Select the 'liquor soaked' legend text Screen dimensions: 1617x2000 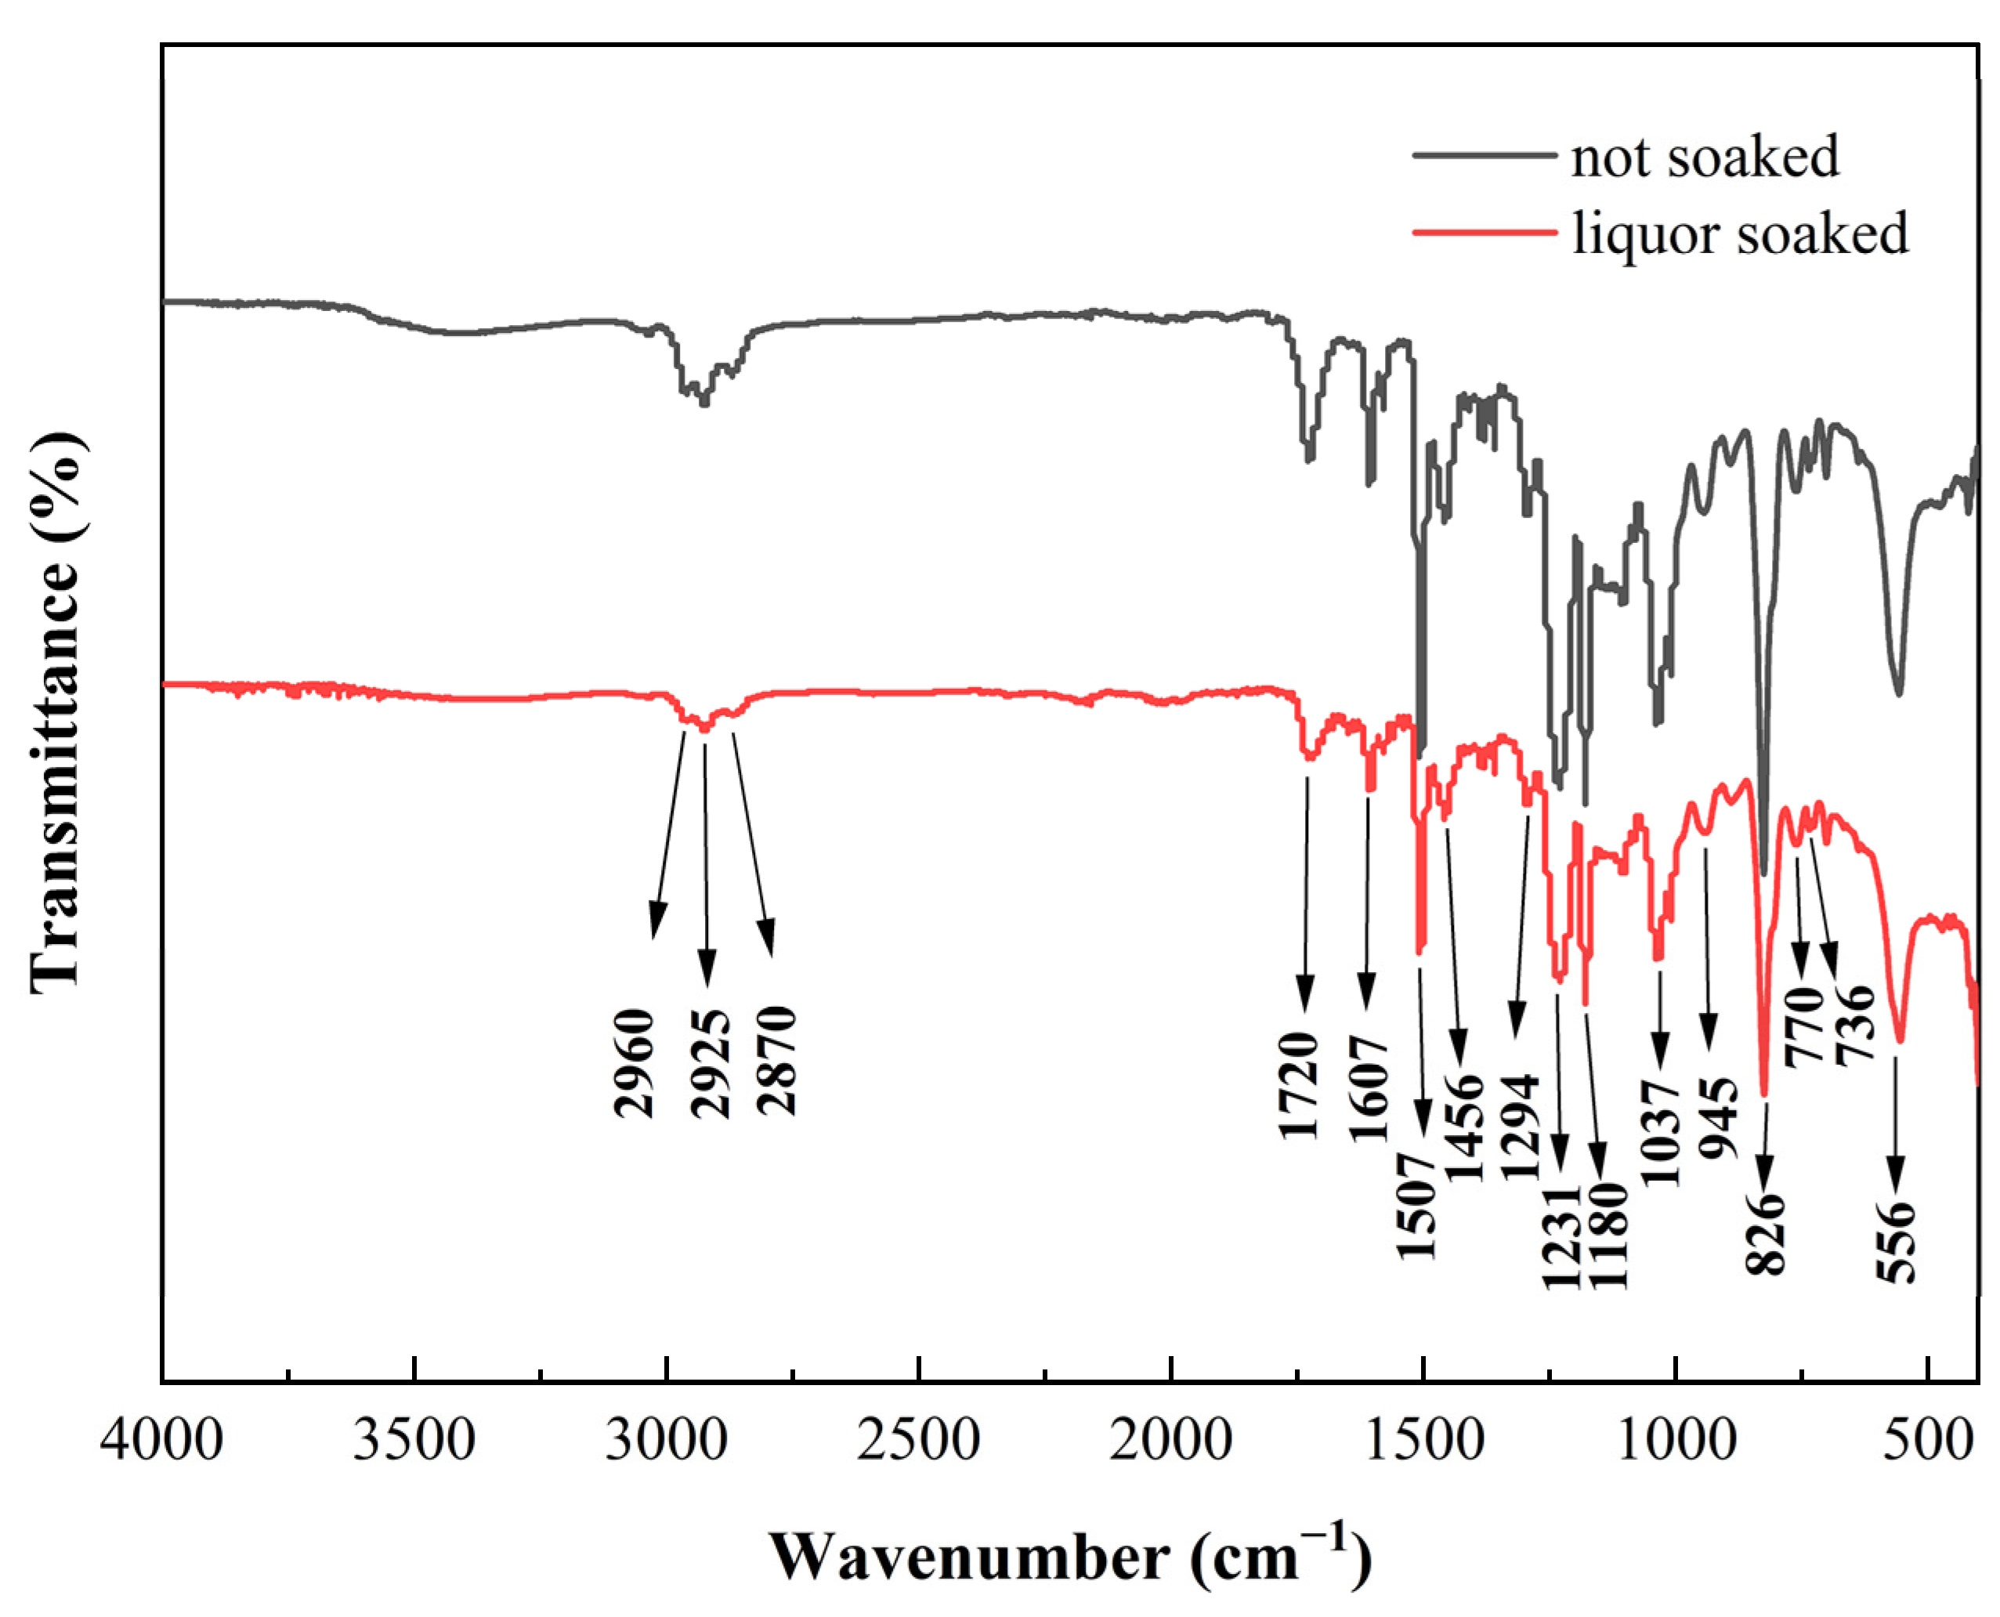[1739, 233]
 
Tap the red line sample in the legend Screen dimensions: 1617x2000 [1484, 232]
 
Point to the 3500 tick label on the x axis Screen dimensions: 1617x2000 [414, 1440]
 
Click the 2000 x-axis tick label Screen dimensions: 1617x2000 [1170, 1440]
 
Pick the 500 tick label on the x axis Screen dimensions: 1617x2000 [1926, 1440]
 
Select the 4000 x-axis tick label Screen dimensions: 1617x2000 [162, 1440]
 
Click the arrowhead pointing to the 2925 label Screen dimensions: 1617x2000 [707, 972]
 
